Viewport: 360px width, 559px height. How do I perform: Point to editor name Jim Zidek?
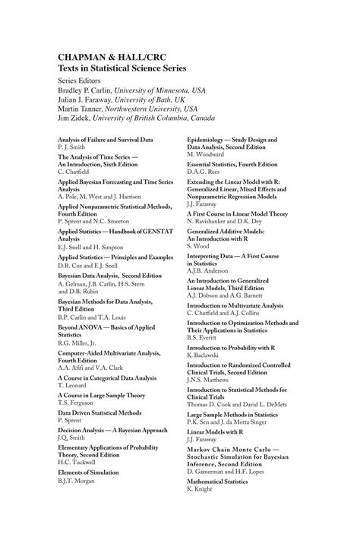[x=78, y=117]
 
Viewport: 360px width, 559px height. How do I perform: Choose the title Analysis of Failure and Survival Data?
[x=105, y=140]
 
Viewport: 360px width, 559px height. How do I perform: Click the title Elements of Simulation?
[x=88, y=472]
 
